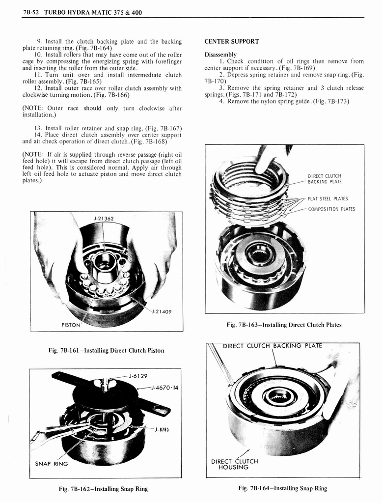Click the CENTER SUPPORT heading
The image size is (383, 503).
point(231,41)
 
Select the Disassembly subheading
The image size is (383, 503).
point(220,55)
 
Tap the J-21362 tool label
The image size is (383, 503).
point(104,219)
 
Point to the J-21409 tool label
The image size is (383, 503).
point(161,311)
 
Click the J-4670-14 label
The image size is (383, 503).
point(164,388)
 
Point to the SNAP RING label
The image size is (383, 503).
point(51,463)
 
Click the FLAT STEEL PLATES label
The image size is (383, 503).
point(328,199)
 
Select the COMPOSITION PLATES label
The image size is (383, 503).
point(331,209)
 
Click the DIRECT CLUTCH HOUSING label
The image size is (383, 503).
point(234,464)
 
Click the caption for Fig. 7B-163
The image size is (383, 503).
point(284,325)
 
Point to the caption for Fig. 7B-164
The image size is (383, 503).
point(282,488)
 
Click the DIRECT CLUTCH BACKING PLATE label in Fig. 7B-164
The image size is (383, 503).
point(272,346)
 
